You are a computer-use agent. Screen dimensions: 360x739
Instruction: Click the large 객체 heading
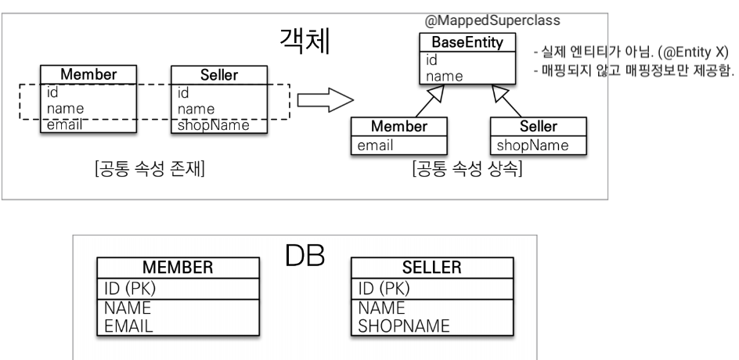click(305, 41)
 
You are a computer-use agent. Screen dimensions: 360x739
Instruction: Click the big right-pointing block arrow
click(322, 100)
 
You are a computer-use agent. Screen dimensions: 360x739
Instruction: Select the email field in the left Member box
click(62, 124)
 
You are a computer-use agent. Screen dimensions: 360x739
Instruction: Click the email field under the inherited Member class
click(376, 145)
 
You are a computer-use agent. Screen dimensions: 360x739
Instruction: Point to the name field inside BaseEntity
click(443, 76)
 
